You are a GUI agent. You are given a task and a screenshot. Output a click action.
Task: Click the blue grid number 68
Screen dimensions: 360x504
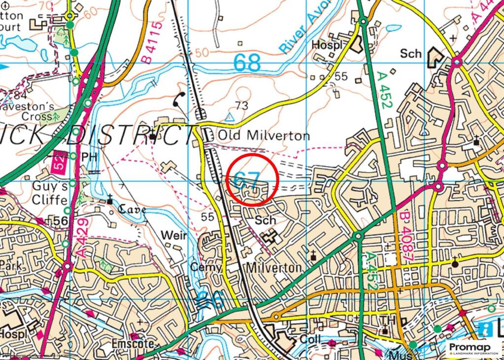coord(247,63)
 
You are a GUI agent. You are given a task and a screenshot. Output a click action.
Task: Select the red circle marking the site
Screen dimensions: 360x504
coord(253,180)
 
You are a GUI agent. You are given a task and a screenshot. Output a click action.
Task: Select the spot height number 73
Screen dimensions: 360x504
coord(241,105)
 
